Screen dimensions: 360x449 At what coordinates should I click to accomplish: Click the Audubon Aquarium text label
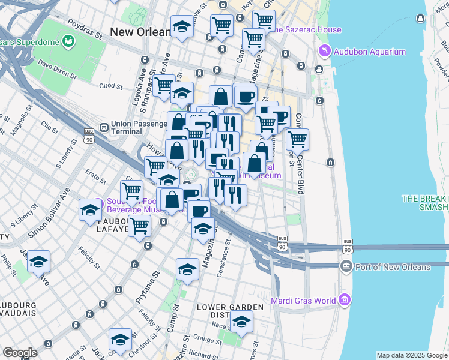coord(370,52)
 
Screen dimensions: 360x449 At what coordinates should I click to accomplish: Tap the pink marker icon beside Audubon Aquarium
coord(325,52)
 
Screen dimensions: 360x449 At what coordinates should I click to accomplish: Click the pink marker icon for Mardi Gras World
coord(343,299)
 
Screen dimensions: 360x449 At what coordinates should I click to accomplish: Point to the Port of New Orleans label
coord(393,267)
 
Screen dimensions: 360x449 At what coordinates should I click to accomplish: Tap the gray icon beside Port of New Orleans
coord(346,266)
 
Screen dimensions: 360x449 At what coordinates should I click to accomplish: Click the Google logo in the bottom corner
coord(20,353)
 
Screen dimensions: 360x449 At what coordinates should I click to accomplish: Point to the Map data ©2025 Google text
coord(411,355)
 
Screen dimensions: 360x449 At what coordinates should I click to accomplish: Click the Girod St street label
coord(111,86)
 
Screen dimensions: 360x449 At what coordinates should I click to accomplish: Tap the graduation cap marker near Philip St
coord(39,262)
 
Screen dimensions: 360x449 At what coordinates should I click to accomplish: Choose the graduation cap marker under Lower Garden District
coord(241,322)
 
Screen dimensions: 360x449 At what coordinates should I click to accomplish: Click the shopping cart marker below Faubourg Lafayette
coord(140,226)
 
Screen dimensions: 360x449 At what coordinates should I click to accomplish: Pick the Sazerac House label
coord(308,29)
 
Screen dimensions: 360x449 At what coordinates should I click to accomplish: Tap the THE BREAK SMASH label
coord(425,203)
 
